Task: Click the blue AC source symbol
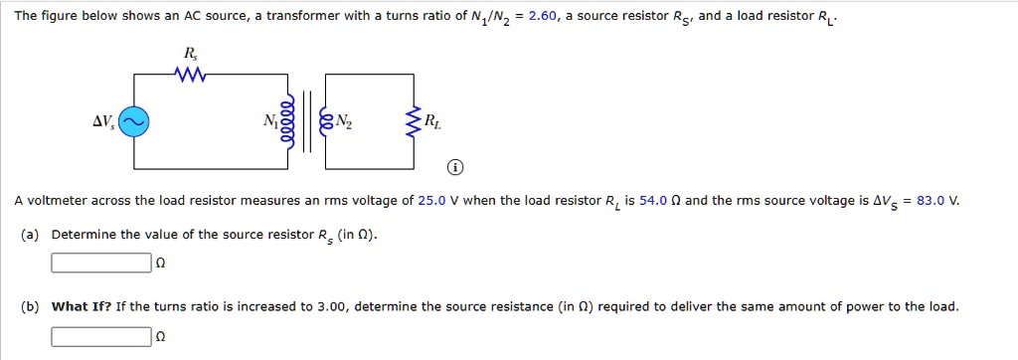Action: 135,121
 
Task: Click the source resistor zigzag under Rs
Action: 188,75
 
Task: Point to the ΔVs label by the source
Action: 103,121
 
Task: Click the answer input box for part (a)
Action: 100,264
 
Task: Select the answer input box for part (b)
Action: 100,336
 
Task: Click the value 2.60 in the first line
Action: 545,17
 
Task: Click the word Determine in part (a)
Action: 82,235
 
